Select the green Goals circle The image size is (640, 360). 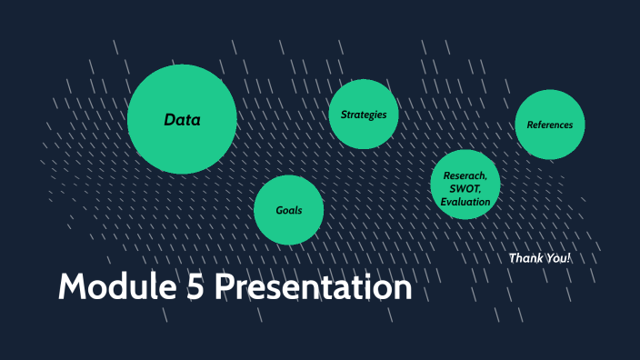288,210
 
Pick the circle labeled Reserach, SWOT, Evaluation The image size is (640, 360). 465,185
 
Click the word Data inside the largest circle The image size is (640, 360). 182,119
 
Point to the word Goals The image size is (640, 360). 288,210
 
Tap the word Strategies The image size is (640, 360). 364,115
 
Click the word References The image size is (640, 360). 550,125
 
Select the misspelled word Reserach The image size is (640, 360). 465,175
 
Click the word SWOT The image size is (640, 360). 465,188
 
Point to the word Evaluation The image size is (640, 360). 465,201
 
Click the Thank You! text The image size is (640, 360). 540,258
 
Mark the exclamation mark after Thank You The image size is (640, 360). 569,258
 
